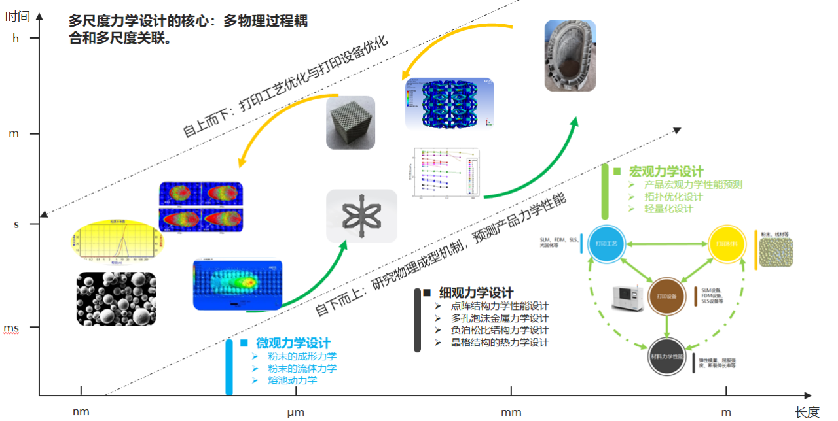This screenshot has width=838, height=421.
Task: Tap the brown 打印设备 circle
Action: (x=668, y=296)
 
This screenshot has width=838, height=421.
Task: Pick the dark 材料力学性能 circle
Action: (x=667, y=357)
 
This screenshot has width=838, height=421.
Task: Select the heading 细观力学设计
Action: (x=475, y=293)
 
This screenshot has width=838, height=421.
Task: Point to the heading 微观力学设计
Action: (x=293, y=343)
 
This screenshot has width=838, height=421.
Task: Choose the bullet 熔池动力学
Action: (x=292, y=380)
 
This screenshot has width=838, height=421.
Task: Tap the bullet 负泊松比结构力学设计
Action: (x=500, y=330)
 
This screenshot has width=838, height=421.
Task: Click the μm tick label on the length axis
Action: (x=296, y=411)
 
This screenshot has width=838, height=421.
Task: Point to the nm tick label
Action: (x=81, y=411)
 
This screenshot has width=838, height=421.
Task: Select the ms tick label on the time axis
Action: (x=12, y=327)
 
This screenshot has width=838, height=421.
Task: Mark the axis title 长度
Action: (x=807, y=412)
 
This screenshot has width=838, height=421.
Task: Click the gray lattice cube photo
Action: (x=351, y=122)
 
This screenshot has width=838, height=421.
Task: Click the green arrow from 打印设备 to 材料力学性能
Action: (x=667, y=326)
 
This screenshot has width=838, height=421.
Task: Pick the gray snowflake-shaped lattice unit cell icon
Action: (x=361, y=216)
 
